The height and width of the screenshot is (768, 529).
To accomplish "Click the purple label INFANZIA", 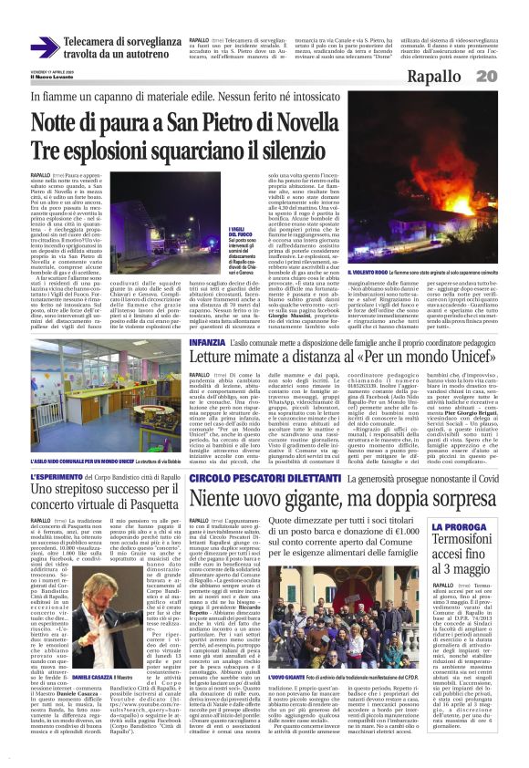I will click(x=207, y=341).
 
